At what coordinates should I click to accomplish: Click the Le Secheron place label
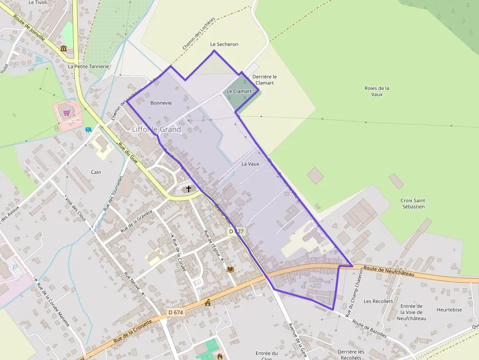[224, 44]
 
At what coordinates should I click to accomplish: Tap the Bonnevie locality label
[161, 103]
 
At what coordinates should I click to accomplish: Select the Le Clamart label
[239, 91]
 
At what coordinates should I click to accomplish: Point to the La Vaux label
[250, 164]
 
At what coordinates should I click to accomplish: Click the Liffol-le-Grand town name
[156, 129]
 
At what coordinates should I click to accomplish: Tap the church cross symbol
[189, 189]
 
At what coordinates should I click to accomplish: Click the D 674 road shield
[175, 312]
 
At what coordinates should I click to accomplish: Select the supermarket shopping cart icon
[66, 113]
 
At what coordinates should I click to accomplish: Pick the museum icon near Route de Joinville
[64, 48]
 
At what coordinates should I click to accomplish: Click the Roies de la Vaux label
[377, 91]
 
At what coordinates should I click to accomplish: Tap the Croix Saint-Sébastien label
[413, 204]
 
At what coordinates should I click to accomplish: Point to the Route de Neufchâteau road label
[389, 271]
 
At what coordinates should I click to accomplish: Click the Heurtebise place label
[449, 310]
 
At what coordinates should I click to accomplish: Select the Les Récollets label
[378, 301]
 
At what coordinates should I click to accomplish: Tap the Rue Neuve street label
[133, 282]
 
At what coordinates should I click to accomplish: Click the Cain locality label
[96, 172]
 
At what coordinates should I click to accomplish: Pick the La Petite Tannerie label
[88, 66]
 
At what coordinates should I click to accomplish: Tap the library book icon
[230, 269]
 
